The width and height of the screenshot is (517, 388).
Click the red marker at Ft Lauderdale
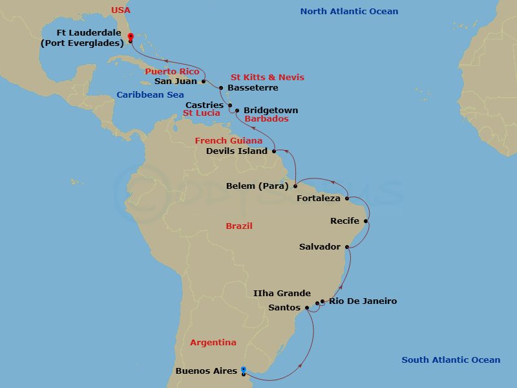pos(130,37)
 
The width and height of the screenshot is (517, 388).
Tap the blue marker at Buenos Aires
pos(243,371)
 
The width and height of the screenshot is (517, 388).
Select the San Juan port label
pos(176,81)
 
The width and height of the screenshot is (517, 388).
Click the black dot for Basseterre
pos(220,88)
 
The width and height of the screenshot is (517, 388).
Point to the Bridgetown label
pos(271,111)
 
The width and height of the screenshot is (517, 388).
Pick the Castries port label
pos(204,105)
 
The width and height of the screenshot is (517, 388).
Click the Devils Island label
pos(237,151)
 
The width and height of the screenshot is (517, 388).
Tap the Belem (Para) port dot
pos(295,186)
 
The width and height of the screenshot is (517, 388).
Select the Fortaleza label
pos(319,199)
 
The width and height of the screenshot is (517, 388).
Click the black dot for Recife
pos(366,221)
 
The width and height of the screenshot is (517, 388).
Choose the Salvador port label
pos(320,247)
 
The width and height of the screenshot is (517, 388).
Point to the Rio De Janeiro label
pos(363,301)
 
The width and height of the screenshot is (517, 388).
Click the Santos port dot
pos(307,308)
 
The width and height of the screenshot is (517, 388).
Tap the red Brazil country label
pos(239,226)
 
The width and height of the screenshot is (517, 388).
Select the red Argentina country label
pos(213,343)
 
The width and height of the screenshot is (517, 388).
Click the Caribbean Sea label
pos(150,95)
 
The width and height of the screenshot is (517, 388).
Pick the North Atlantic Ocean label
pos(349,12)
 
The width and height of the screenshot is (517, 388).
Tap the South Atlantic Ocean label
pos(450,360)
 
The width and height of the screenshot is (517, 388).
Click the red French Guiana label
pos(229,140)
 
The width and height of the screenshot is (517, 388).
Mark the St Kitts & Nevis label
pos(268,78)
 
